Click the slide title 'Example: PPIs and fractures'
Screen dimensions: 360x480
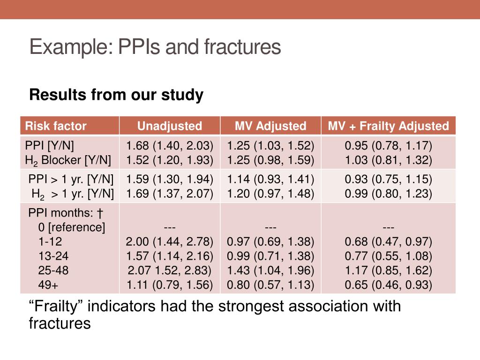155,48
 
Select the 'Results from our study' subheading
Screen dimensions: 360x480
116,95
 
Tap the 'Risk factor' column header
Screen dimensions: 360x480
56,126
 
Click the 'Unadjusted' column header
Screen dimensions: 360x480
169,126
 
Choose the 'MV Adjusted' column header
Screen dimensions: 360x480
270,126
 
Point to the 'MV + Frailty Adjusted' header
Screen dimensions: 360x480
388,126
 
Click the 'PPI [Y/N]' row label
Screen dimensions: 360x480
49,146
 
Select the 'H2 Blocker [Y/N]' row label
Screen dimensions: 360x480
68,161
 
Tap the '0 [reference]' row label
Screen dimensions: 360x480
72,228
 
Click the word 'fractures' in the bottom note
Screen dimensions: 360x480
60,323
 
